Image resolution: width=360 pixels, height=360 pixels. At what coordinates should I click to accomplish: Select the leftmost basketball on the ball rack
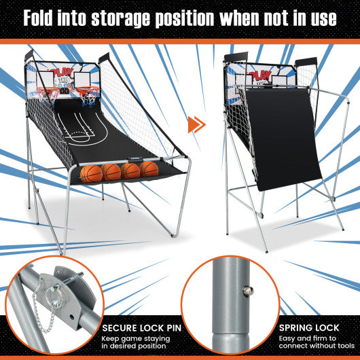coord(90,173)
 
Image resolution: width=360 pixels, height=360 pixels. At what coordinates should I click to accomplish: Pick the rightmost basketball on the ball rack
coord(149,169)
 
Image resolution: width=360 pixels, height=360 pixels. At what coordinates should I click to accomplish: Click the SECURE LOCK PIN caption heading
coord(142,327)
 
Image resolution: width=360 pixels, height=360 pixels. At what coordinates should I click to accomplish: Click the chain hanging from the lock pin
coord(47,309)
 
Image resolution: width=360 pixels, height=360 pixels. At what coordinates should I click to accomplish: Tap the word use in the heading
coord(317,18)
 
